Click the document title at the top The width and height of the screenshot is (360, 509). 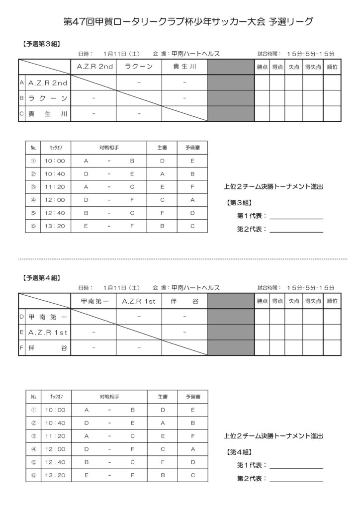189,21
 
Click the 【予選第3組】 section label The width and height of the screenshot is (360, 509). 41,44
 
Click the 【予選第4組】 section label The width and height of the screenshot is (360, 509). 41,278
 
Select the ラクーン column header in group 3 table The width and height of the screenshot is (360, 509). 138,67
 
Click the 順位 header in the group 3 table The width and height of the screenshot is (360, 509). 332,67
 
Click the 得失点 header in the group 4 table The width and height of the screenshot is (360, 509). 312,301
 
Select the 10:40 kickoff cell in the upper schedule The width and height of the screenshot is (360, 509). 54,174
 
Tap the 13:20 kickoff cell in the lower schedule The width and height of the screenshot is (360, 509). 54,475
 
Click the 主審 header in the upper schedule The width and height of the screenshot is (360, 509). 162,148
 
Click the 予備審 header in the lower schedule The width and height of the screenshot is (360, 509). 193,397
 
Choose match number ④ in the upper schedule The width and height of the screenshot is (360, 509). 33,200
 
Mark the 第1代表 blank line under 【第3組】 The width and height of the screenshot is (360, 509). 296,219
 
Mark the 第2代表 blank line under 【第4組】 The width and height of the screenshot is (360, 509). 296,481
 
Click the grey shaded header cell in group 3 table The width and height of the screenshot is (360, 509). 231,67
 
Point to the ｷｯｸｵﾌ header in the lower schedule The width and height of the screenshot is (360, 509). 54,397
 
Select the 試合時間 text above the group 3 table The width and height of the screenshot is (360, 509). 269,53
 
